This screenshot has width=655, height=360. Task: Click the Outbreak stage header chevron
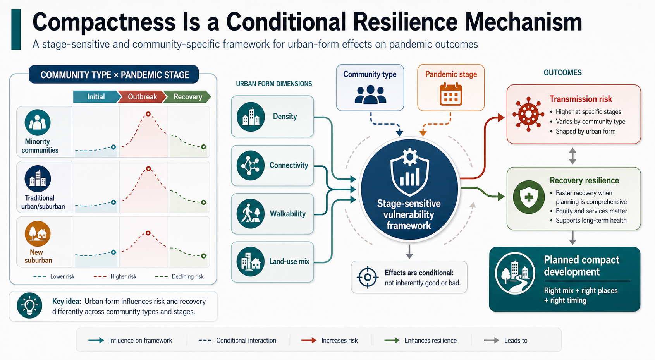coord(142,97)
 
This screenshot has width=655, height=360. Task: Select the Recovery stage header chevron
coord(187,97)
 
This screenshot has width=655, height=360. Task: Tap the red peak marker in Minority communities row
coord(148,114)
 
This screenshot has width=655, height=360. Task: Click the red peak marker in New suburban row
coord(148,233)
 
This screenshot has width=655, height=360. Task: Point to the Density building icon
coord(251,117)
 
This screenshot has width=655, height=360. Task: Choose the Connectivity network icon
coord(250,165)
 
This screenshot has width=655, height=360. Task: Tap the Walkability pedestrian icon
coord(251,214)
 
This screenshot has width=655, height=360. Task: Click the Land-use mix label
coord(289,261)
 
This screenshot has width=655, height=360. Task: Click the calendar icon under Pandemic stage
coord(450,94)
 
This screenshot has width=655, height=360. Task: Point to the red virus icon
coord(528,114)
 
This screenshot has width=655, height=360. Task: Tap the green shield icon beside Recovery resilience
coord(528,197)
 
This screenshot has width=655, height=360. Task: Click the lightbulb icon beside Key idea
coord(29,305)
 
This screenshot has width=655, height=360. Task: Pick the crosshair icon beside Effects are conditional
coord(368,277)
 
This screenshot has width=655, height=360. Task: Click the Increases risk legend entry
coord(330,340)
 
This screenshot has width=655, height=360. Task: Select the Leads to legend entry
coord(505,340)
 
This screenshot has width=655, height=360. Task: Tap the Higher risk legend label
coord(124,276)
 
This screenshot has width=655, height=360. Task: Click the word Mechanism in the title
coord(523,22)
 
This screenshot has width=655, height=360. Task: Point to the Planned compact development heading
coord(581,266)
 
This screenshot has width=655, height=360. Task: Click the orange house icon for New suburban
coord(38,233)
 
